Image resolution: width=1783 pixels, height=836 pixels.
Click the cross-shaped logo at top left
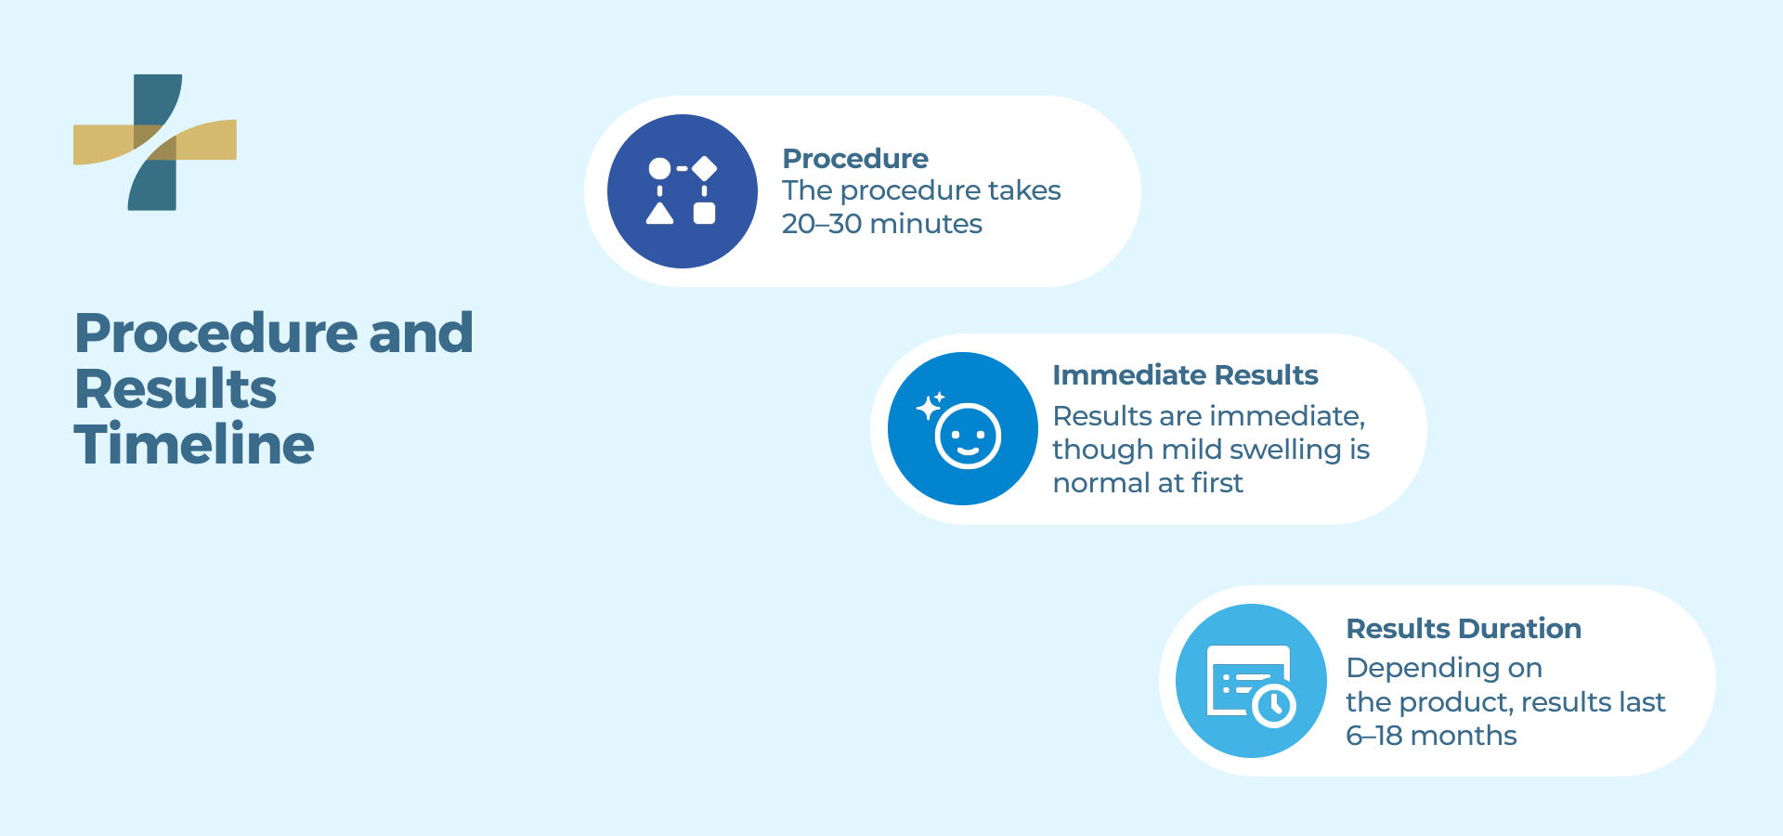[x=154, y=142]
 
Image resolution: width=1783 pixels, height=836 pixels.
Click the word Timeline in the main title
[x=194, y=444]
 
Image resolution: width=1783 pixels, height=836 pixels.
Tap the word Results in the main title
[x=176, y=388]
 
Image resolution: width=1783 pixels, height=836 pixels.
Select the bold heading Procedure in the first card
[x=854, y=159]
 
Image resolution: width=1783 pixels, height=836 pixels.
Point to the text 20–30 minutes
[x=881, y=224]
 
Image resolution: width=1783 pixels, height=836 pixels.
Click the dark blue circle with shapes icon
[x=683, y=191]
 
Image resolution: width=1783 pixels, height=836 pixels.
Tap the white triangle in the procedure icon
[x=659, y=215]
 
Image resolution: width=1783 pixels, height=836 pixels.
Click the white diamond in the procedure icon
[x=705, y=168]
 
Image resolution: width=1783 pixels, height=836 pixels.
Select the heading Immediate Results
[x=1185, y=375]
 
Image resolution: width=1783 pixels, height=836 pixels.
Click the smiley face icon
[x=968, y=437]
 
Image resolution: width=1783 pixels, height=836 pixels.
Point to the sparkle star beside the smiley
[x=928, y=407]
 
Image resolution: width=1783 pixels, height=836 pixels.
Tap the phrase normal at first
[x=1147, y=483]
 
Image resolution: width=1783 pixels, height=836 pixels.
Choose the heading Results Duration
[x=1463, y=629]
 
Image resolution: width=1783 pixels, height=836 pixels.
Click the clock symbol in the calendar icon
[x=1274, y=706]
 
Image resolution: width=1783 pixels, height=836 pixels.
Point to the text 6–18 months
[x=1430, y=736]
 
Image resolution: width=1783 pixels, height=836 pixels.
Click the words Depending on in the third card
[x=1443, y=668]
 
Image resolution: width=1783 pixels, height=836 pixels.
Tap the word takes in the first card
[x=1023, y=190]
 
